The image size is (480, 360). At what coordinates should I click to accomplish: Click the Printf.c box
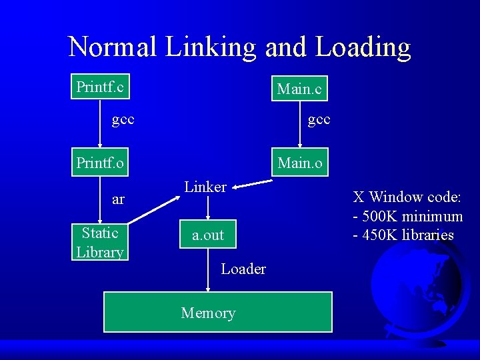100,87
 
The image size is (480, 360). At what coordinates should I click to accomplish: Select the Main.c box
299,89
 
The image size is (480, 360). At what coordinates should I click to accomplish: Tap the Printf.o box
100,163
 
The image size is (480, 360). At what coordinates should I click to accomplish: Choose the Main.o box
299,163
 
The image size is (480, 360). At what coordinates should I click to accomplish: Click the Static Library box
100,242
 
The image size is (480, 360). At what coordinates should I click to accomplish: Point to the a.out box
208,235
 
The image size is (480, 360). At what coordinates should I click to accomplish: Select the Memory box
217,312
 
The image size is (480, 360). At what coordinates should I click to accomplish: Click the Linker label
205,187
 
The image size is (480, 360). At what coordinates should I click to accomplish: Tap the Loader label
243,269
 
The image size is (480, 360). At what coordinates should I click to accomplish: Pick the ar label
118,199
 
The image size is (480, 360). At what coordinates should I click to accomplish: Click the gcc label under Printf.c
123,120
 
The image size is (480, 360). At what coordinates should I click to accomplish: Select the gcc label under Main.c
319,120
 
